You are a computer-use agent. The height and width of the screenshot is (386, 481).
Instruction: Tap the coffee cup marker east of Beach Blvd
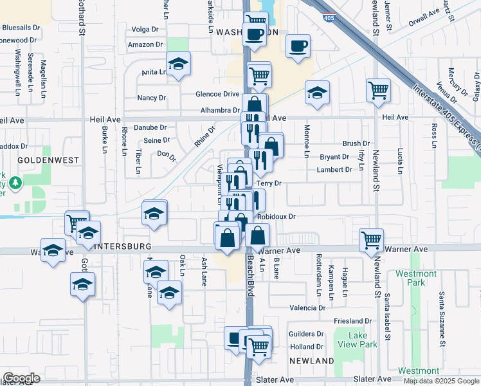[298, 46]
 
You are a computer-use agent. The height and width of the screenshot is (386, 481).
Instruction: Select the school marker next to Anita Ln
[178, 64]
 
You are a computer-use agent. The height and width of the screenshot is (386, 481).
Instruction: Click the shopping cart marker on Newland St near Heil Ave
[379, 90]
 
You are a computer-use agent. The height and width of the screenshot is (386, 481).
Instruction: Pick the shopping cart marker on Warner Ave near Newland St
[372, 241]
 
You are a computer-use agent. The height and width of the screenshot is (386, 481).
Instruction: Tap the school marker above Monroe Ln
[317, 93]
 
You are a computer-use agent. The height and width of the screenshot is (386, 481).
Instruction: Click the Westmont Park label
[416, 278]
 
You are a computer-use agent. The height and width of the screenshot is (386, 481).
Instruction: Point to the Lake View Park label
[363, 340]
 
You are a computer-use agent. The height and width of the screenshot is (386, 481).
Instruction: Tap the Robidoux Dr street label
[277, 217]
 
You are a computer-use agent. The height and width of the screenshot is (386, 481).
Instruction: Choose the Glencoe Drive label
[217, 94]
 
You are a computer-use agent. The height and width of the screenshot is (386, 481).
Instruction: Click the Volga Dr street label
[145, 30]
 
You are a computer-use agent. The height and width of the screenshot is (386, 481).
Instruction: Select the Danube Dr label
[150, 127]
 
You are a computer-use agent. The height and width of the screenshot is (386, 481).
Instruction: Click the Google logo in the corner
[21, 378]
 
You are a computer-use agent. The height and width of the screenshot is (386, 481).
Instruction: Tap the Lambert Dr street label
[335, 170]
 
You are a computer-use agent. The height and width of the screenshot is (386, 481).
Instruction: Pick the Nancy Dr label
[152, 98]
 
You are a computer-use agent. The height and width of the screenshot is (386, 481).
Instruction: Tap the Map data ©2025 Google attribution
[442, 381]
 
